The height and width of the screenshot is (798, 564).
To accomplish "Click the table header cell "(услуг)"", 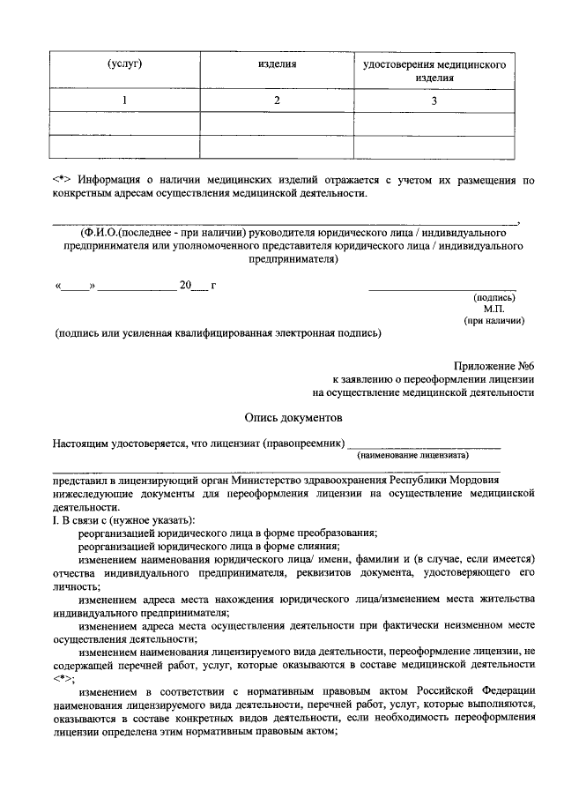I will pyautogui.click(x=125, y=65).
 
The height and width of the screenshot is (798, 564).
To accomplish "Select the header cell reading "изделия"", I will pyautogui.click(x=276, y=65).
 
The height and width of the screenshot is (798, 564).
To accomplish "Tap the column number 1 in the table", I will pyautogui.click(x=125, y=101).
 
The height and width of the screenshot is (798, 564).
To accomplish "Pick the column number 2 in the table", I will pyautogui.click(x=276, y=101).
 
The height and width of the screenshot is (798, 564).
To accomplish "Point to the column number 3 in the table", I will pyautogui.click(x=434, y=101).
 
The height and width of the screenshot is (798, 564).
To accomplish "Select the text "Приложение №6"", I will pyautogui.click(x=494, y=365).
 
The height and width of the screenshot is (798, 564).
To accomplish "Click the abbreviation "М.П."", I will pyautogui.click(x=493, y=309).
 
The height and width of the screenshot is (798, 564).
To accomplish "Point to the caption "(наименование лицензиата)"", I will pyautogui.click(x=412, y=455).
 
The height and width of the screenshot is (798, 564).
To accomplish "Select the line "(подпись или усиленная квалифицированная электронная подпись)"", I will pyautogui.click(x=217, y=333).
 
